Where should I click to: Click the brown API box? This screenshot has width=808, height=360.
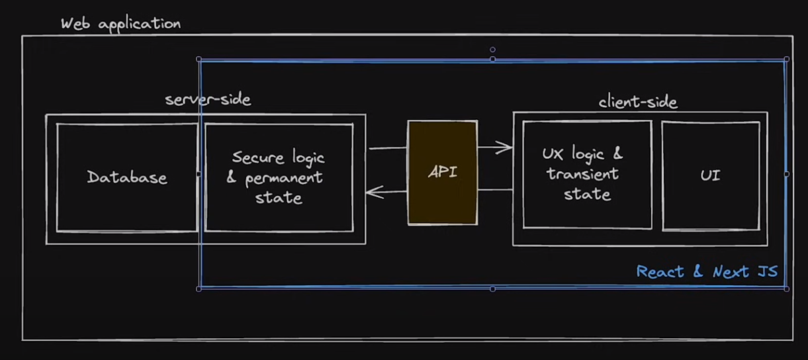[442, 173]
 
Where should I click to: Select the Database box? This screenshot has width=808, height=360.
[127, 177]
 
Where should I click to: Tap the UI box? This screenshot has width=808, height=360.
[710, 175]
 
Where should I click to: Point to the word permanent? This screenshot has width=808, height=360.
[284, 178]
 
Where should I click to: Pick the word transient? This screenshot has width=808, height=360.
[582, 174]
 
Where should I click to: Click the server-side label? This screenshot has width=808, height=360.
[208, 100]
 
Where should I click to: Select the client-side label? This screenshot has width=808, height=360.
[638, 102]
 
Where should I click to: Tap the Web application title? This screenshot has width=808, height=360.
[120, 24]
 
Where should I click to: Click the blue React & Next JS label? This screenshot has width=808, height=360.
[707, 271]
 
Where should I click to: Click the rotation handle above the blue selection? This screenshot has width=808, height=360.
[492, 50]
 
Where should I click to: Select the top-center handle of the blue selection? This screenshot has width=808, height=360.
[492, 60]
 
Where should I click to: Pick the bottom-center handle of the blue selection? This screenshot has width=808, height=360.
[492, 289]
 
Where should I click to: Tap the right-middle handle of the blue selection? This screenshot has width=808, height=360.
[786, 174]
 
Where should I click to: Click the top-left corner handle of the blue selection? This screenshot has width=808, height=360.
[199, 60]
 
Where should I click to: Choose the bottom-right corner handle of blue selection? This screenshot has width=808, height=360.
[786, 289]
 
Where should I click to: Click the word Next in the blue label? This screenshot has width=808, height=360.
[730, 271]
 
